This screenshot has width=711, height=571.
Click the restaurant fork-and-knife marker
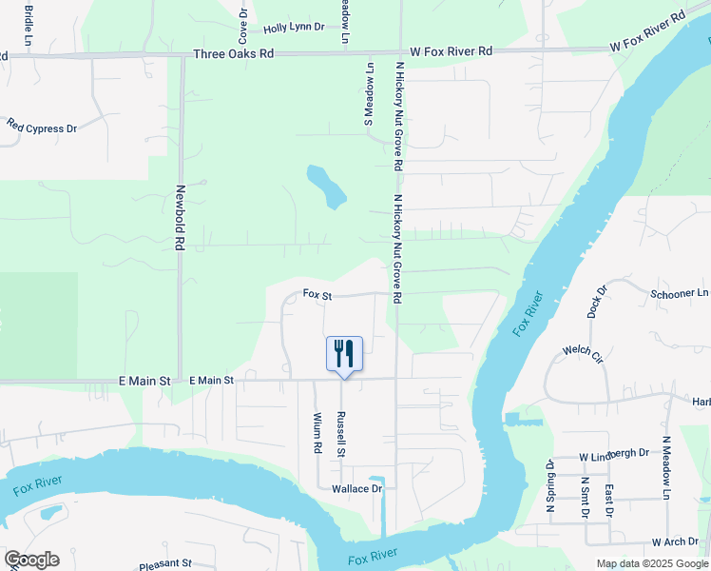click(344, 354)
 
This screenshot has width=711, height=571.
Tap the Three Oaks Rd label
click(233, 54)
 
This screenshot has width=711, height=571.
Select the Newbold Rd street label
click(179, 217)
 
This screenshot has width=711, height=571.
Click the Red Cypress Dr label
click(42, 127)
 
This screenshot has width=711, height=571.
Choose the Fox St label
click(317, 295)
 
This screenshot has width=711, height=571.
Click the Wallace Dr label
click(355, 489)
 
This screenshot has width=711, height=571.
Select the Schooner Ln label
click(679, 294)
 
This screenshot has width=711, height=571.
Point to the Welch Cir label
click(583, 354)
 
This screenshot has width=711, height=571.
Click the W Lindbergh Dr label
click(608, 454)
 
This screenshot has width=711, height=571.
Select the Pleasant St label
click(165, 563)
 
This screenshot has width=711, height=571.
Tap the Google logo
click(31, 560)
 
